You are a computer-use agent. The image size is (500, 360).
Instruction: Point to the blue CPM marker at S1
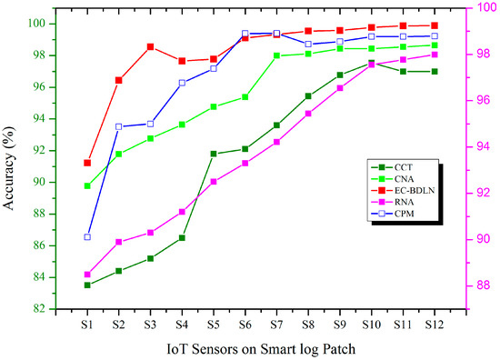(x=87, y=236)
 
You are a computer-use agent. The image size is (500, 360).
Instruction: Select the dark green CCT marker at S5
(x=214, y=154)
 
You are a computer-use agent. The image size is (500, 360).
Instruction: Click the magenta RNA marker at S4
(x=182, y=211)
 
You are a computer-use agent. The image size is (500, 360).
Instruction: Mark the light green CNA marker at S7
(x=276, y=55)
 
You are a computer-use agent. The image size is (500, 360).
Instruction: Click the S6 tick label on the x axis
(x=245, y=323)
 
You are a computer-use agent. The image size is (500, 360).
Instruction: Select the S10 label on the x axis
(x=371, y=323)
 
